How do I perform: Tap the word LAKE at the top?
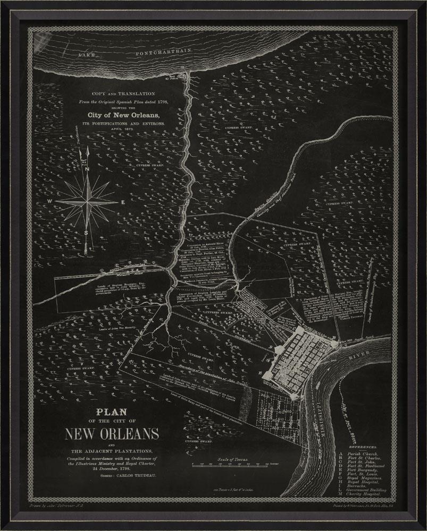click(x=88, y=55)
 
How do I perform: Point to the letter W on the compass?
click(x=48, y=202)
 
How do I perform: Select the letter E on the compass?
click(x=123, y=202)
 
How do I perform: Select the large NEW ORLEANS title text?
click(x=112, y=434)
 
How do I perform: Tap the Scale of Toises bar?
click(x=230, y=465)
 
